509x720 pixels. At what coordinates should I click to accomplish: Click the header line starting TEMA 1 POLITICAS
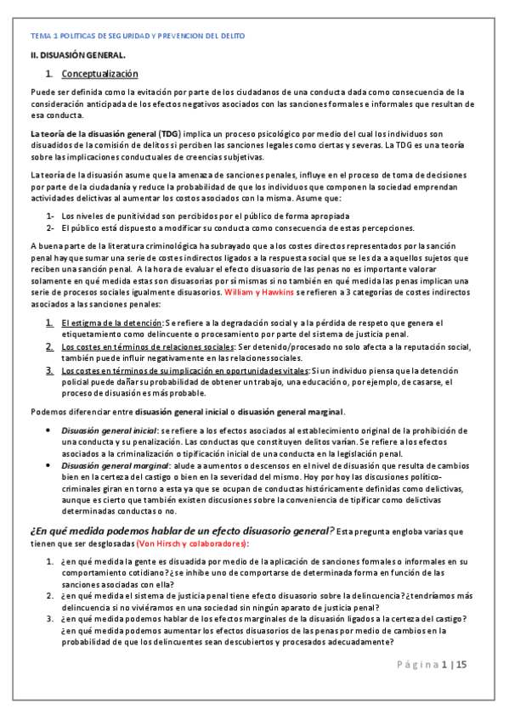[x=137, y=37]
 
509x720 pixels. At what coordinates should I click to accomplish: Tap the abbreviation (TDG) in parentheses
[x=171, y=134]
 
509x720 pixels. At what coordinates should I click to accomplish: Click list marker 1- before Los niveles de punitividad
[x=51, y=216]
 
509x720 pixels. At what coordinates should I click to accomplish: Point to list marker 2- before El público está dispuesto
[x=51, y=228]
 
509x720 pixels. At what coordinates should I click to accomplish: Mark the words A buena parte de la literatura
[x=92, y=246]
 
